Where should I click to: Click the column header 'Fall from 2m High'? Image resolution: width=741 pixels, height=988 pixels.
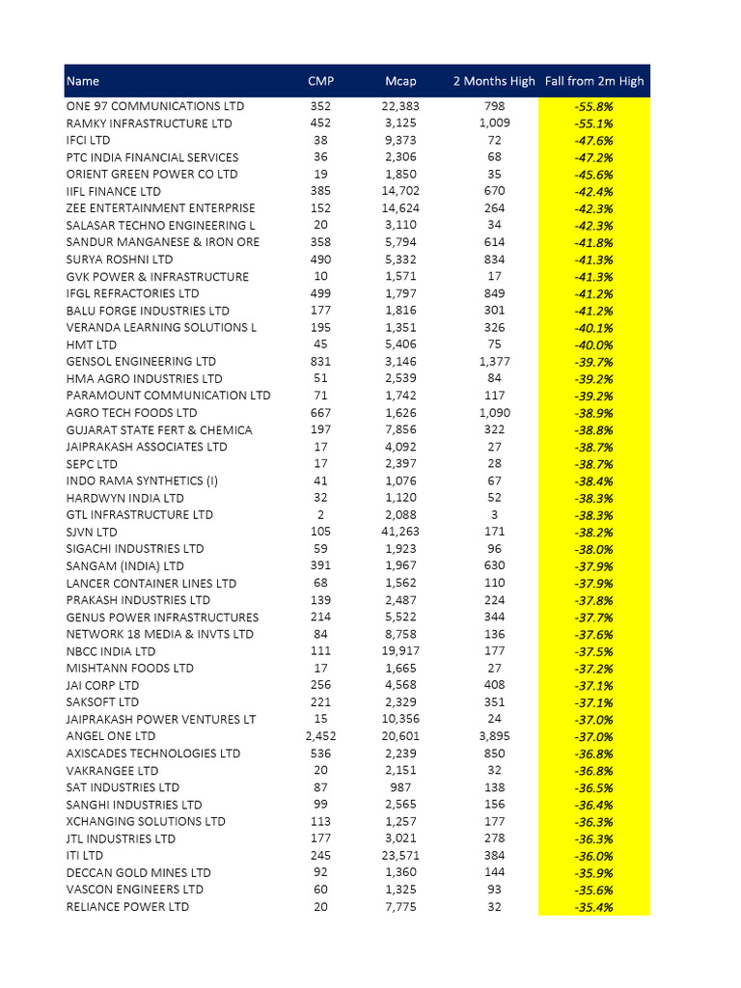[594, 81]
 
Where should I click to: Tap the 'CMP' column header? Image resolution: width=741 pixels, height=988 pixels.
[320, 81]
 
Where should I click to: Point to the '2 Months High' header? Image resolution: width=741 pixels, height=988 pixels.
[494, 81]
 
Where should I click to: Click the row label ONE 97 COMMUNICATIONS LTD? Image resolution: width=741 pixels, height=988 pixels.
[154, 106]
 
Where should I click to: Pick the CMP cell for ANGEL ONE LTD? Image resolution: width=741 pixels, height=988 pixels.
[320, 736]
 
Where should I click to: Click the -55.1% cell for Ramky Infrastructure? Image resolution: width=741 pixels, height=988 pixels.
[594, 123]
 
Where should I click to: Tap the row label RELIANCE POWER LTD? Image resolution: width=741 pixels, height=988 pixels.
[127, 906]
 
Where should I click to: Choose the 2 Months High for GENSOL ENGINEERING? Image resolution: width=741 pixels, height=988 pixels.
[494, 361]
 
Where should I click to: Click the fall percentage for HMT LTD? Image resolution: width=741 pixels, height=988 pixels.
[594, 344]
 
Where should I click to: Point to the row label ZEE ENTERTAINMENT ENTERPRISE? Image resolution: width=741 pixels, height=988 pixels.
[160, 208]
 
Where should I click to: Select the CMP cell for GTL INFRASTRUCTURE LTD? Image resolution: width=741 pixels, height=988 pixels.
[320, 515]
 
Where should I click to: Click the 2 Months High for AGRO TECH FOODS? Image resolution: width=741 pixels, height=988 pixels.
[494, 413]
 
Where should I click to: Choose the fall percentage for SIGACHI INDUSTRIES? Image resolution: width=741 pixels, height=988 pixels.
[594, 549]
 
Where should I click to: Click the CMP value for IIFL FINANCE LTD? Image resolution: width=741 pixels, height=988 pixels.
[320, 191]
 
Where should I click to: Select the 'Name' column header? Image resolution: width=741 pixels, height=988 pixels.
[83, 81]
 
